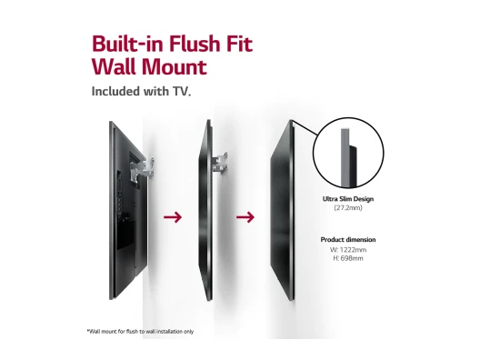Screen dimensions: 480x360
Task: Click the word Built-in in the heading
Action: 128,44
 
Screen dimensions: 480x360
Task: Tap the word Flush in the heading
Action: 195,44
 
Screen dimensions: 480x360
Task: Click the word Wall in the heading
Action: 114,66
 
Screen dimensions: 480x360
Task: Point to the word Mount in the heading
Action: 174,66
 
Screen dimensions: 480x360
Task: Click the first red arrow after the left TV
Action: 173,217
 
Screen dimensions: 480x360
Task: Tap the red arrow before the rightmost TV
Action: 245,217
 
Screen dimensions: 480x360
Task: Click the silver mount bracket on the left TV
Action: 143,170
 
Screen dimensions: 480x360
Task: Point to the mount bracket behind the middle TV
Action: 220,164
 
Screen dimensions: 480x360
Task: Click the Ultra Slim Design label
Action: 348,199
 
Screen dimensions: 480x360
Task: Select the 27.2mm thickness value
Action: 348,208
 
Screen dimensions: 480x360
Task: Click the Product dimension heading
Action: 348,240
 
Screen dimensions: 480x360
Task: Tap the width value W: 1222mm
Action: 348,250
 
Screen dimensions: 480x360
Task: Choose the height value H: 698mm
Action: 348,258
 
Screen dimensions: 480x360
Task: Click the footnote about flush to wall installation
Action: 140,331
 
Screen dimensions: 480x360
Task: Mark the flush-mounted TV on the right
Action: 283,211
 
